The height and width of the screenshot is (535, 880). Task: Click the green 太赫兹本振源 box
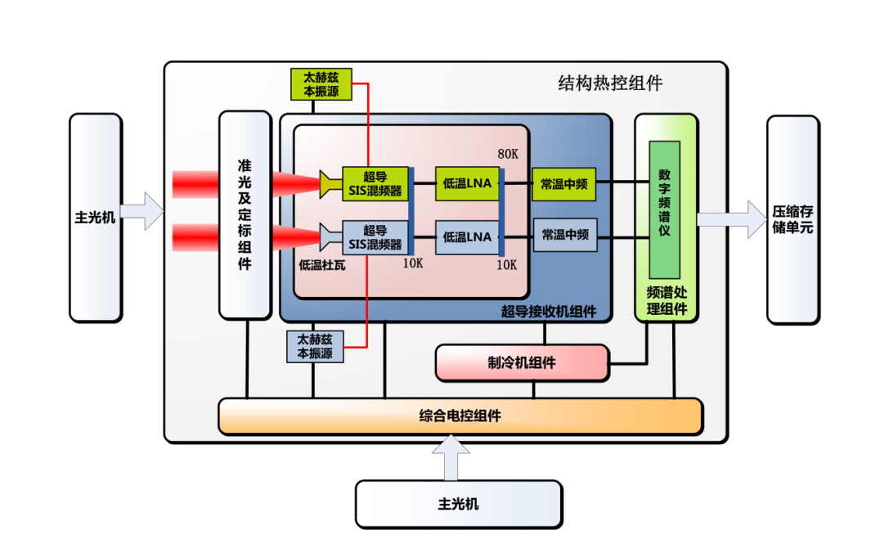[x=321, y=84]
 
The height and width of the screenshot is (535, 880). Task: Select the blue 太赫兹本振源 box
[x=315, y=346]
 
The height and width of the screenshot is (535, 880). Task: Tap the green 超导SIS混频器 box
[x=375, y=184]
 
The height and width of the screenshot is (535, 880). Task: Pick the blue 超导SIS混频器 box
[x=375, y=237]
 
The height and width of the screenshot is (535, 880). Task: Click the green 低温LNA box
[x=467, y=184]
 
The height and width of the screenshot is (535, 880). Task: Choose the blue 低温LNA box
[x=467, y=237]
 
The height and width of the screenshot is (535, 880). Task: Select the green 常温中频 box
[x=563, y=184]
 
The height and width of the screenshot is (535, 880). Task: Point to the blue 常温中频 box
[x=564, y=235]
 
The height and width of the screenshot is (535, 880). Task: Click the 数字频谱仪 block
[x=664, y=209]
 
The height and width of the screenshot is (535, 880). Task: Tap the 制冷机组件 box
[x=522, y=362]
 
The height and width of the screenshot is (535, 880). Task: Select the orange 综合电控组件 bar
[x=460, y=416]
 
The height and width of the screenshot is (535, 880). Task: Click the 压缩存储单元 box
[x=792, y=219]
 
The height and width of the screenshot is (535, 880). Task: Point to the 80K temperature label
[x=509, y=155]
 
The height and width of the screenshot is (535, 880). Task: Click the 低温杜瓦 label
[x=322, y=265]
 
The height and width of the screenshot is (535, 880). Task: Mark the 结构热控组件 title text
[x=609, y=83]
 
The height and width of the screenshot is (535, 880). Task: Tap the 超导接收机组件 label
[x=548, y=312]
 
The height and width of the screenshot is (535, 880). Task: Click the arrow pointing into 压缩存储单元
[x=731, y=219]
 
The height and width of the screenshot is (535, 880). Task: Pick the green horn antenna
[x=330, y=184]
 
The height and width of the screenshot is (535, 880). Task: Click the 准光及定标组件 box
[x=245, y=214]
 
